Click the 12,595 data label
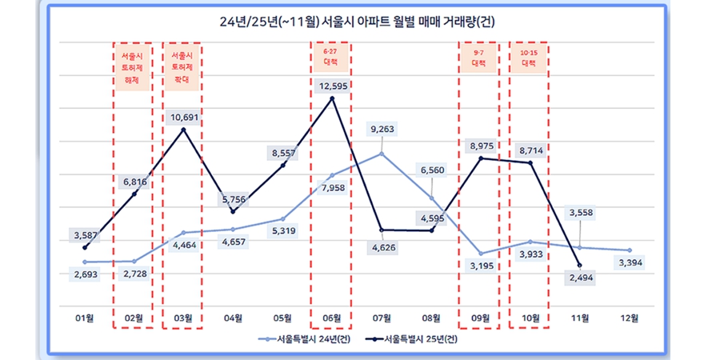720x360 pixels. click(331, 86)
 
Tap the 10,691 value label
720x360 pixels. click(184, 118)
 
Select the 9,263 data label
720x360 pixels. click(382, 129)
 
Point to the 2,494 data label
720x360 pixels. click(579, 278)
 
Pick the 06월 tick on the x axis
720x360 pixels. click(332, 318)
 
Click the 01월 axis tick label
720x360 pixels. click(85, 318)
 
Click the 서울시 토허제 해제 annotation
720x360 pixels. click(134, 69)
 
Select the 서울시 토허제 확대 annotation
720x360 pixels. click(184, 69)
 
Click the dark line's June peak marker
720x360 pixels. click(331, 98)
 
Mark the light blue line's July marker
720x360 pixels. click(382, 154)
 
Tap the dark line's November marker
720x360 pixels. click(579, 265)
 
